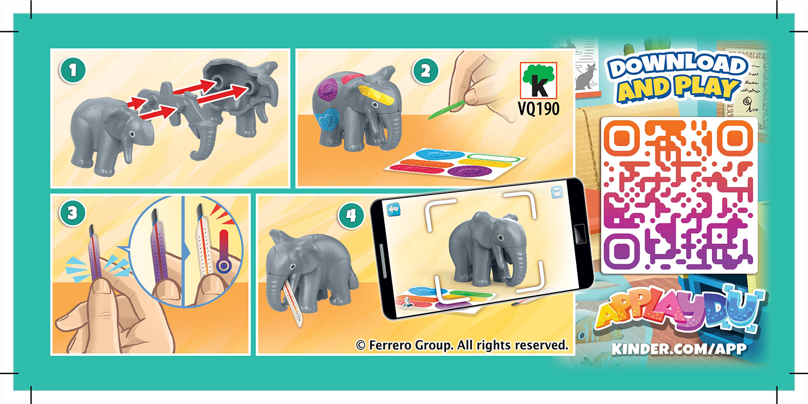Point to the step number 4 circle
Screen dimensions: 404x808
tap(349, 215)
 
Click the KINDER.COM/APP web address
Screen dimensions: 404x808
tap(679, 350)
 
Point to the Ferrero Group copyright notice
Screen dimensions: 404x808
tap(462, 346)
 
